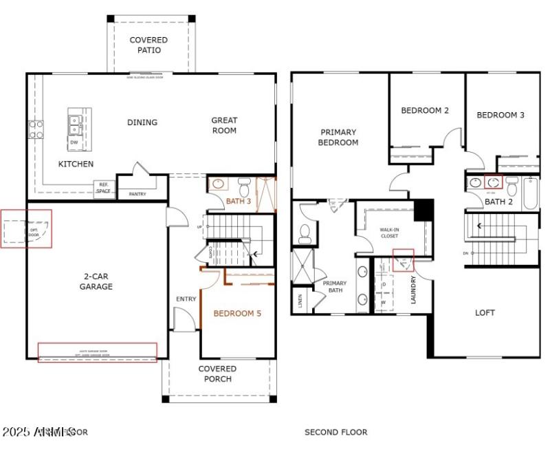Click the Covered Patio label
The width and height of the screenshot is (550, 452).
148,45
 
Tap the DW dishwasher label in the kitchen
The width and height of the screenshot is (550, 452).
74,142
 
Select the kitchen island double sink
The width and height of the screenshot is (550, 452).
74,124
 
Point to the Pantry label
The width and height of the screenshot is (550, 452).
137,194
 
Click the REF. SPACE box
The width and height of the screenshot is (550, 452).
104,189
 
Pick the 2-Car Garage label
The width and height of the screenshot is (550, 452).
96,281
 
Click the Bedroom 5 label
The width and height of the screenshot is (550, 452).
237,314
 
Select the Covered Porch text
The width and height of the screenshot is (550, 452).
218,374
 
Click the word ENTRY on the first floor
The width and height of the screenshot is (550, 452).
186,299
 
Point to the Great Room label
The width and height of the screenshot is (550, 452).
224,125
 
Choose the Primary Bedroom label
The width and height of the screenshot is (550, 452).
338,137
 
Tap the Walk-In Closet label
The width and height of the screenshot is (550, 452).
389,233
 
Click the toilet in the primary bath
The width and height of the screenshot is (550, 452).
305,235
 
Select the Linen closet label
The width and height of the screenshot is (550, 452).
300,301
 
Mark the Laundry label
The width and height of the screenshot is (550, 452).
413,290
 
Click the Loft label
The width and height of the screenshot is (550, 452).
485,312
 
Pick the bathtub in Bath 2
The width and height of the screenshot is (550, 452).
530,193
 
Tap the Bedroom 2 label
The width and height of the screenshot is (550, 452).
425,111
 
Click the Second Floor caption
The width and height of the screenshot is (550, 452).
335,432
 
